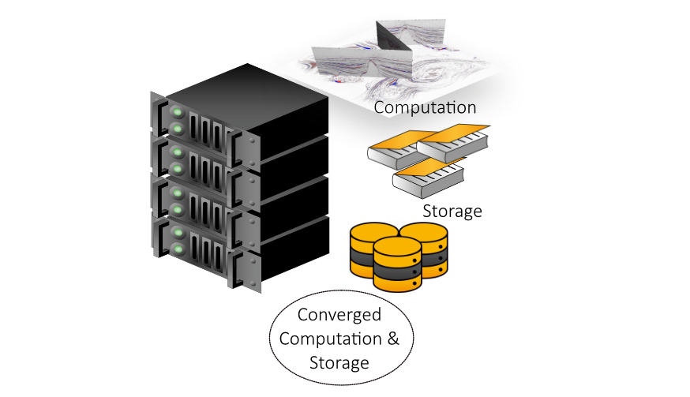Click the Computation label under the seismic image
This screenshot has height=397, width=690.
(x=425, y=107)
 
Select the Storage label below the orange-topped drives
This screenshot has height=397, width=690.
(x=452, y=211)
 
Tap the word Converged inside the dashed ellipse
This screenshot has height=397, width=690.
(x=339, y=315)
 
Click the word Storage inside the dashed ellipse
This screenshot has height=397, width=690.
(x=339, y=363)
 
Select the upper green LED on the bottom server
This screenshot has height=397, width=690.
(x=178, y=234)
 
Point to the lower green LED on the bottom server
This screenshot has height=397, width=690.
(x=178, y=250)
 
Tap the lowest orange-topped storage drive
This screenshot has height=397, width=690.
(x=429, y=174)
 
